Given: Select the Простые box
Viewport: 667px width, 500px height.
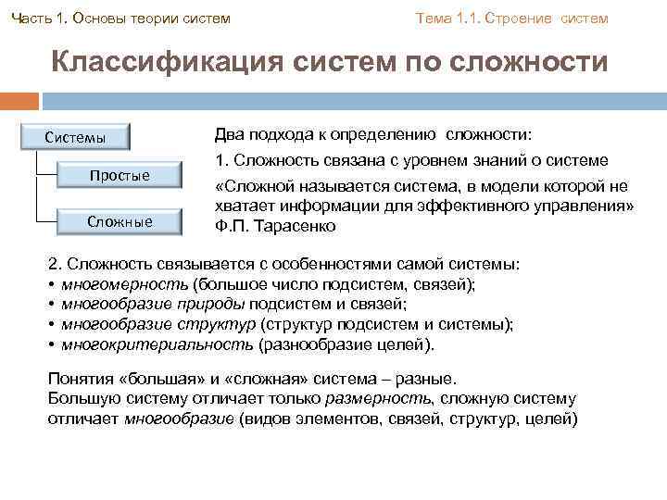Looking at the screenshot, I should [120, 176].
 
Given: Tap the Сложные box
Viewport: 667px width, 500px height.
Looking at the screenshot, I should [120, 221].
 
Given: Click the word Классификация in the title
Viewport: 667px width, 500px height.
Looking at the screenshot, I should [167, 63].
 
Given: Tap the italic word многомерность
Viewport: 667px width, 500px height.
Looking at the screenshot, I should [124, 285].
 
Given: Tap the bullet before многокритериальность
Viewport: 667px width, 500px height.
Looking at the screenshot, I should [51, 344].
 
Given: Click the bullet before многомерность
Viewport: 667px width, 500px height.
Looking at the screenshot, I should [51, 285].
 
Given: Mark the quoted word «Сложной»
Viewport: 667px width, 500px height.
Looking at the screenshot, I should [254, 185].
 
